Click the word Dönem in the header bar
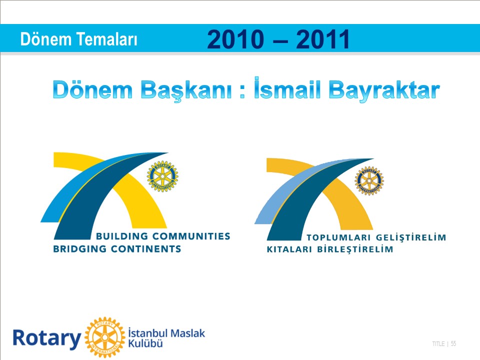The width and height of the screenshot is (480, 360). point(46,39)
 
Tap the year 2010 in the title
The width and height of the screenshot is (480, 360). point(235,39)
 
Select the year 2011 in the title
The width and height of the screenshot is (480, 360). point(322,39)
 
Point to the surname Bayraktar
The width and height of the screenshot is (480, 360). point(384,90)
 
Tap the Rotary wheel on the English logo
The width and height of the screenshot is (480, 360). point(162,176)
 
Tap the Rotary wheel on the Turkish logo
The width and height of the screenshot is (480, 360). point(369,181)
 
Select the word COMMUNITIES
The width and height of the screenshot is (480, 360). point(191,236)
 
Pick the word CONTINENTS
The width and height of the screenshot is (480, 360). point(146,249)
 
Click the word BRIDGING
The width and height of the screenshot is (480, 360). point(80,249)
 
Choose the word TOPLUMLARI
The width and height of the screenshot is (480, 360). point(338,237)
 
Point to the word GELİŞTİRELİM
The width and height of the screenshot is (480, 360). point(411,237)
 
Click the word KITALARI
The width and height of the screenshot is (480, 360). point(289,249)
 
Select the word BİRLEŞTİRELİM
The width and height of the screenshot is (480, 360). point(355,249)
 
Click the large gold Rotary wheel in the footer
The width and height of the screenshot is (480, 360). point(105,337)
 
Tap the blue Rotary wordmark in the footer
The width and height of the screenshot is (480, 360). point(47,338)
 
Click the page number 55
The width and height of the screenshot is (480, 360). point(453,344)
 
